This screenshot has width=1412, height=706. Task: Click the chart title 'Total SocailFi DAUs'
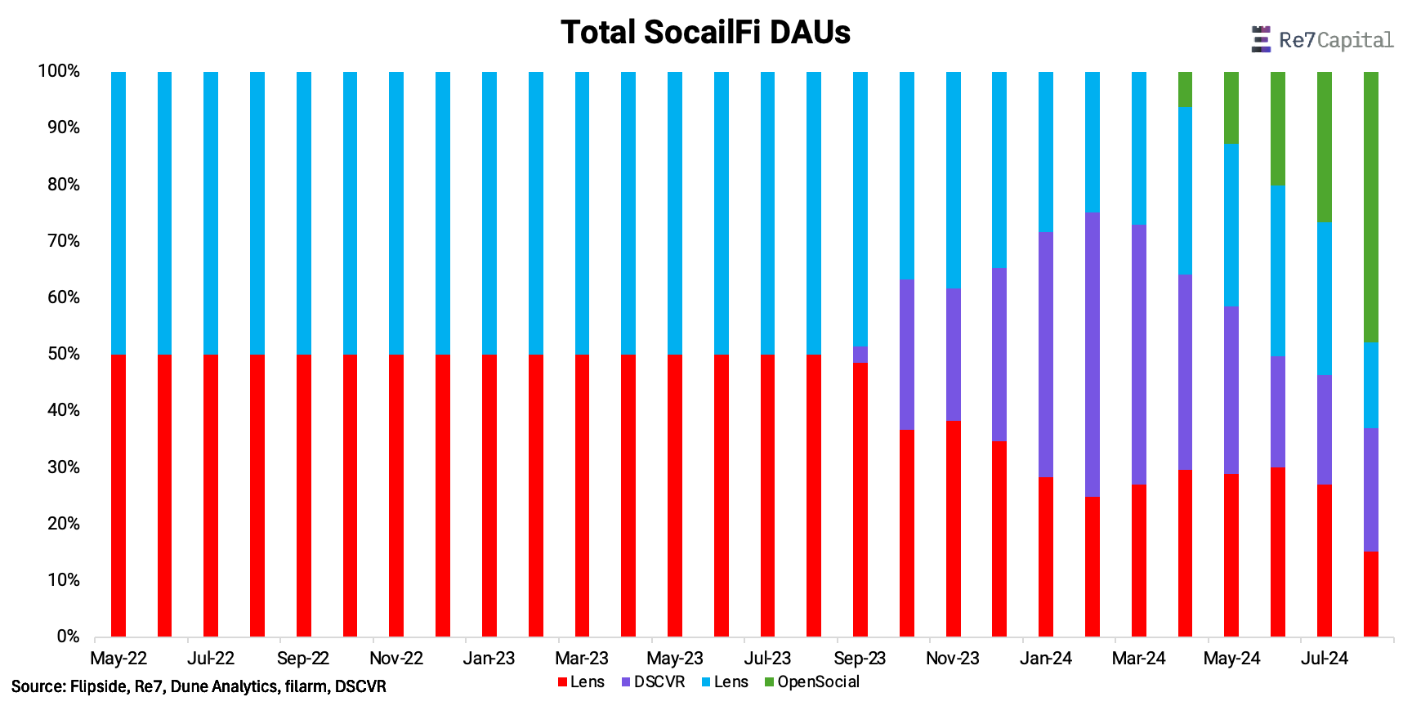(x=705, y=33)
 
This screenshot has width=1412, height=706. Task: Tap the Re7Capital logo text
(x=1334, y=40)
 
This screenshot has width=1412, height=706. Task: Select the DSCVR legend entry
(x=659, y=681)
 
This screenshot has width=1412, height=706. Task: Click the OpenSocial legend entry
(x=818, y=681)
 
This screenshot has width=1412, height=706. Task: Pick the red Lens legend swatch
(x=562, y=681)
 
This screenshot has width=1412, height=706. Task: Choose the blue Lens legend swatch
(x=706, y=681)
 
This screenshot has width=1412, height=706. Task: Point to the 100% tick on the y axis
(x=59, y=71)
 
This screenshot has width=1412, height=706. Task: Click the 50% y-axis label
(x=63, y=354)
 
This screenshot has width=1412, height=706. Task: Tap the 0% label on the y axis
(x=68, y=637)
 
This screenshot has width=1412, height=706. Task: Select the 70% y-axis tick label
(x=63, y=241)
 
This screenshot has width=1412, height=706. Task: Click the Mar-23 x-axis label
(x=582, y=659)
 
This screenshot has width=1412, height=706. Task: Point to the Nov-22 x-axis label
(x=396, y=659)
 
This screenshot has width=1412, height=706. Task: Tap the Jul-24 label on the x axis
(x=1325, y=659)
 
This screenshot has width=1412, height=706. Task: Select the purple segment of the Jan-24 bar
(x=1046, y=354)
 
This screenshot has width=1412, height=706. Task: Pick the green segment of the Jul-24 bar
(x=1325, y=146)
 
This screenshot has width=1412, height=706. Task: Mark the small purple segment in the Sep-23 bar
(x=860, y=354)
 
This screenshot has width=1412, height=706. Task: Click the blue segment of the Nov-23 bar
(x=953, y=180)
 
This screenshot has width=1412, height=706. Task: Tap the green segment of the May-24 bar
(x=1231, y=107)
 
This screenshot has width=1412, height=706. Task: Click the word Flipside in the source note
(x=97, y=686)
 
